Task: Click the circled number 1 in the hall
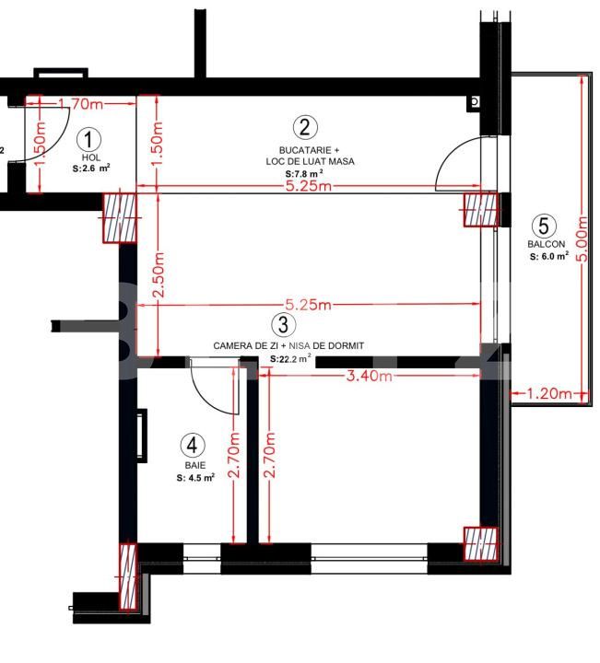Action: (x=88, y=140)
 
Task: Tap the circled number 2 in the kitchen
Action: (x=305, y=127)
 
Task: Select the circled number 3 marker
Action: (x=283, y=325)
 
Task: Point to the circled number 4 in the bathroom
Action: (x=192, y=446)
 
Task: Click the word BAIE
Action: (x=193, y=466)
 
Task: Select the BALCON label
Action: (x=546, y=245)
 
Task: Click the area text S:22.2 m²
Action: (x=289, y=359)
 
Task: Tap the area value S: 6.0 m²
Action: (x=548, y=258)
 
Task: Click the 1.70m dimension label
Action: (x=79, y=104)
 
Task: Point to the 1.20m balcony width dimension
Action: (x=549, y=394)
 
